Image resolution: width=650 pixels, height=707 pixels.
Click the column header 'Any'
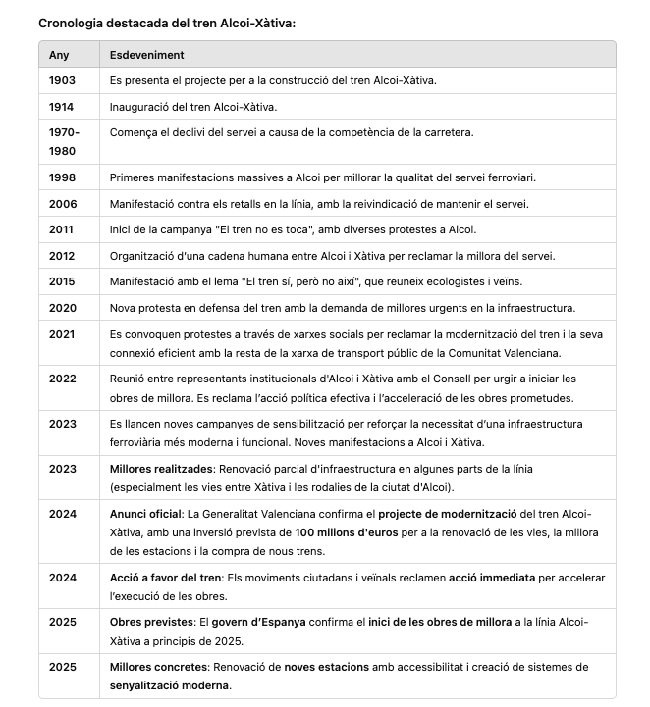coord(59,55)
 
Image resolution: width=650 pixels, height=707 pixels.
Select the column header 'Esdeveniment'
coord(146,55)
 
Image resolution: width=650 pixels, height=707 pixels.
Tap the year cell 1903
coord(62,80)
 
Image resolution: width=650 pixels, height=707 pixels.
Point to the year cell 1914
coord(62,106)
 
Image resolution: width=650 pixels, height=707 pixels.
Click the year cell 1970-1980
coord(65,141)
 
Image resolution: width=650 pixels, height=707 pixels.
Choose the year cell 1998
coord(62,177)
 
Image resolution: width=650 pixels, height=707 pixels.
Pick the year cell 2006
coord(62,203)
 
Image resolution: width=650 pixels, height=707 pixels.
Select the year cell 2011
coord(62,229)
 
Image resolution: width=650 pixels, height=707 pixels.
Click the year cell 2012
coord(62,256)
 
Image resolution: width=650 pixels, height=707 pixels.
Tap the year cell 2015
coord(62,281)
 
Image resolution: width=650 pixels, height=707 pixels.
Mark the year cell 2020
coord(62,308)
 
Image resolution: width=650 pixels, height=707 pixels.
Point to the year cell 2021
coord(62,333)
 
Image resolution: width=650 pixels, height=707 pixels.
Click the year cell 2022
coord(62,379)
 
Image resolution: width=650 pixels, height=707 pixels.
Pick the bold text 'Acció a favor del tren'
coord(166,578)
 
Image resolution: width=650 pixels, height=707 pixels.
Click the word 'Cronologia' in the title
coord(71,22)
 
